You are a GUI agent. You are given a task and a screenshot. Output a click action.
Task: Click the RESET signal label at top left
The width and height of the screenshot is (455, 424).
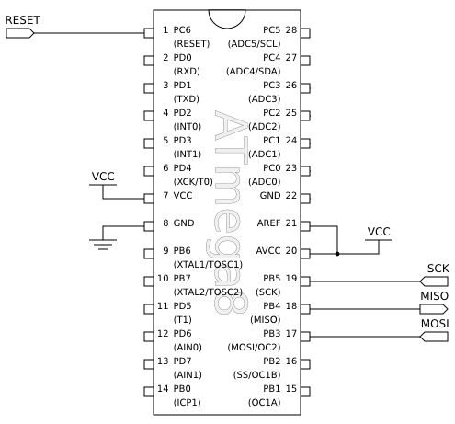(23, 18)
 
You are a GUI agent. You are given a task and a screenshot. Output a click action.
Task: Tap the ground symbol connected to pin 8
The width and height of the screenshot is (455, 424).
(102, 242)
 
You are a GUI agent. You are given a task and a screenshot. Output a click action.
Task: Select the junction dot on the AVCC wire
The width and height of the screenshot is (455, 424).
(338, 253)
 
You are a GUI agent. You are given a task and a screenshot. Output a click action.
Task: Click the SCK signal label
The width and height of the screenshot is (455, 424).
(437, 268)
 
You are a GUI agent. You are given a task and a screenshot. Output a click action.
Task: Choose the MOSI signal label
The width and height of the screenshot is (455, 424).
(435, 324)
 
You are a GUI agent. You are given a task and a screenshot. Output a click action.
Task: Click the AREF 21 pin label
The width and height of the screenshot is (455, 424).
(279, 223)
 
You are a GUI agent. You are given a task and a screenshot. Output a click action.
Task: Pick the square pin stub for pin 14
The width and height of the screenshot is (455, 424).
(149, 391)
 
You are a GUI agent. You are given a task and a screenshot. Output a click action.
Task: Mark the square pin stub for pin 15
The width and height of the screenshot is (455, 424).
(305, 391)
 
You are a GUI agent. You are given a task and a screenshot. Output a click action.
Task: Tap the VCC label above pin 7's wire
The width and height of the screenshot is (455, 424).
(104, 177)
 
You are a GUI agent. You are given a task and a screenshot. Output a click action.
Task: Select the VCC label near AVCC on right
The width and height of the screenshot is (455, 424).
(379, 231)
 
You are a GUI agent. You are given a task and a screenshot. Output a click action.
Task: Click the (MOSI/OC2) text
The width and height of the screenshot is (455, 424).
(254, 348)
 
